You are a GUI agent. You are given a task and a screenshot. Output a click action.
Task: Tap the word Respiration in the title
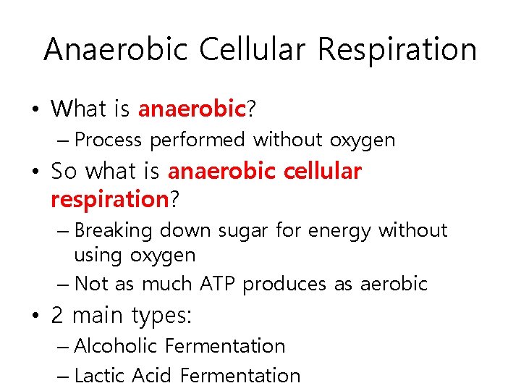click(397, 49)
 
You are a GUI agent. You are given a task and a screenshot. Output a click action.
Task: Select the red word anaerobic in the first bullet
click(192, 109)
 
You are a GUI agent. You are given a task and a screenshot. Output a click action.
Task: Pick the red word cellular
click(319, 171)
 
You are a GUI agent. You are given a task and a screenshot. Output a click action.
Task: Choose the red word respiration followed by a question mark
click(109, 198)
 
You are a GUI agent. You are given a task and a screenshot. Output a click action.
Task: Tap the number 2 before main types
click(58, 316)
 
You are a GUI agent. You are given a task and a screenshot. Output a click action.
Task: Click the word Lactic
click(101, 376)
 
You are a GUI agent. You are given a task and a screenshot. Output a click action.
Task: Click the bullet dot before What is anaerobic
click(35, 110)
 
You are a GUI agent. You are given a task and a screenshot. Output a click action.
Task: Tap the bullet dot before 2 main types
click(35, 316)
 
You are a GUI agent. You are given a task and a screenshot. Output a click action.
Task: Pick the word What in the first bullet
click(79, 109)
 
